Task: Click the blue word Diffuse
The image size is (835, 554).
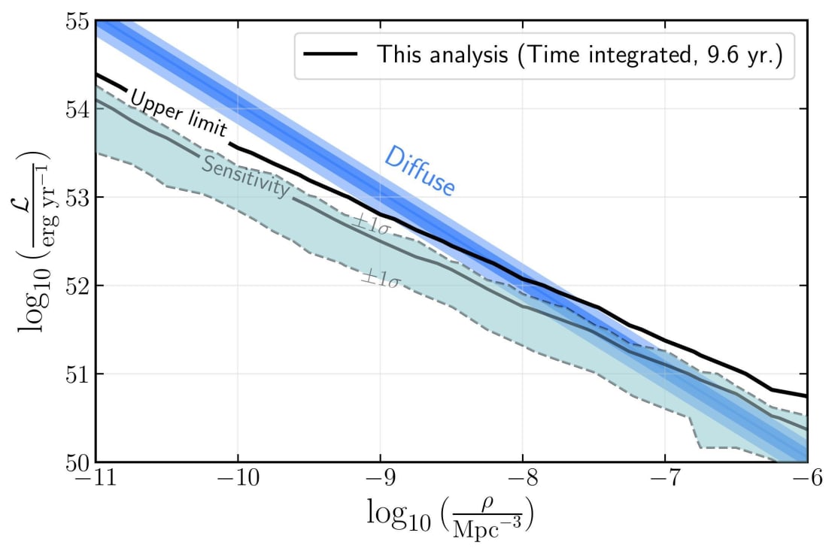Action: coord(420,171)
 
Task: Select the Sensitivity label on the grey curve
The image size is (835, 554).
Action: coord(245,178)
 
